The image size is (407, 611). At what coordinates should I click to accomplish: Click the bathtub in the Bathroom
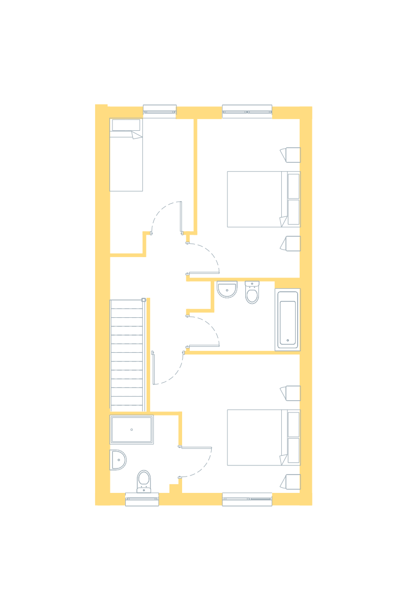(x=288, y=319)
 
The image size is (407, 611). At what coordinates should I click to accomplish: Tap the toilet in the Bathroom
(x=252, y=293)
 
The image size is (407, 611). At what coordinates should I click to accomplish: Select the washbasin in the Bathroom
(x=226, y=289)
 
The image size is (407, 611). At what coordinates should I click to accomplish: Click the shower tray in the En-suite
(x=132, y=430)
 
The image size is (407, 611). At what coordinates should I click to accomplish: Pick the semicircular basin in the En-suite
(x=118, y=460)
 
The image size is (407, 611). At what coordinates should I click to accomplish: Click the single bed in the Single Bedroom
(x=126, y=155)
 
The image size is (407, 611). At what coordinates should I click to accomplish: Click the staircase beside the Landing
(x=127, y=354)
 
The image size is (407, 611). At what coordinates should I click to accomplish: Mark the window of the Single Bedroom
(x=160, y=110)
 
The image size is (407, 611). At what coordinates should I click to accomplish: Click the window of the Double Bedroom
(x=247, y=110)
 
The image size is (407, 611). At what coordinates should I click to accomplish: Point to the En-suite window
(x=142, y=499)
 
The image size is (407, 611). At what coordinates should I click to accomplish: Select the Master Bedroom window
(x=247, y=499)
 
